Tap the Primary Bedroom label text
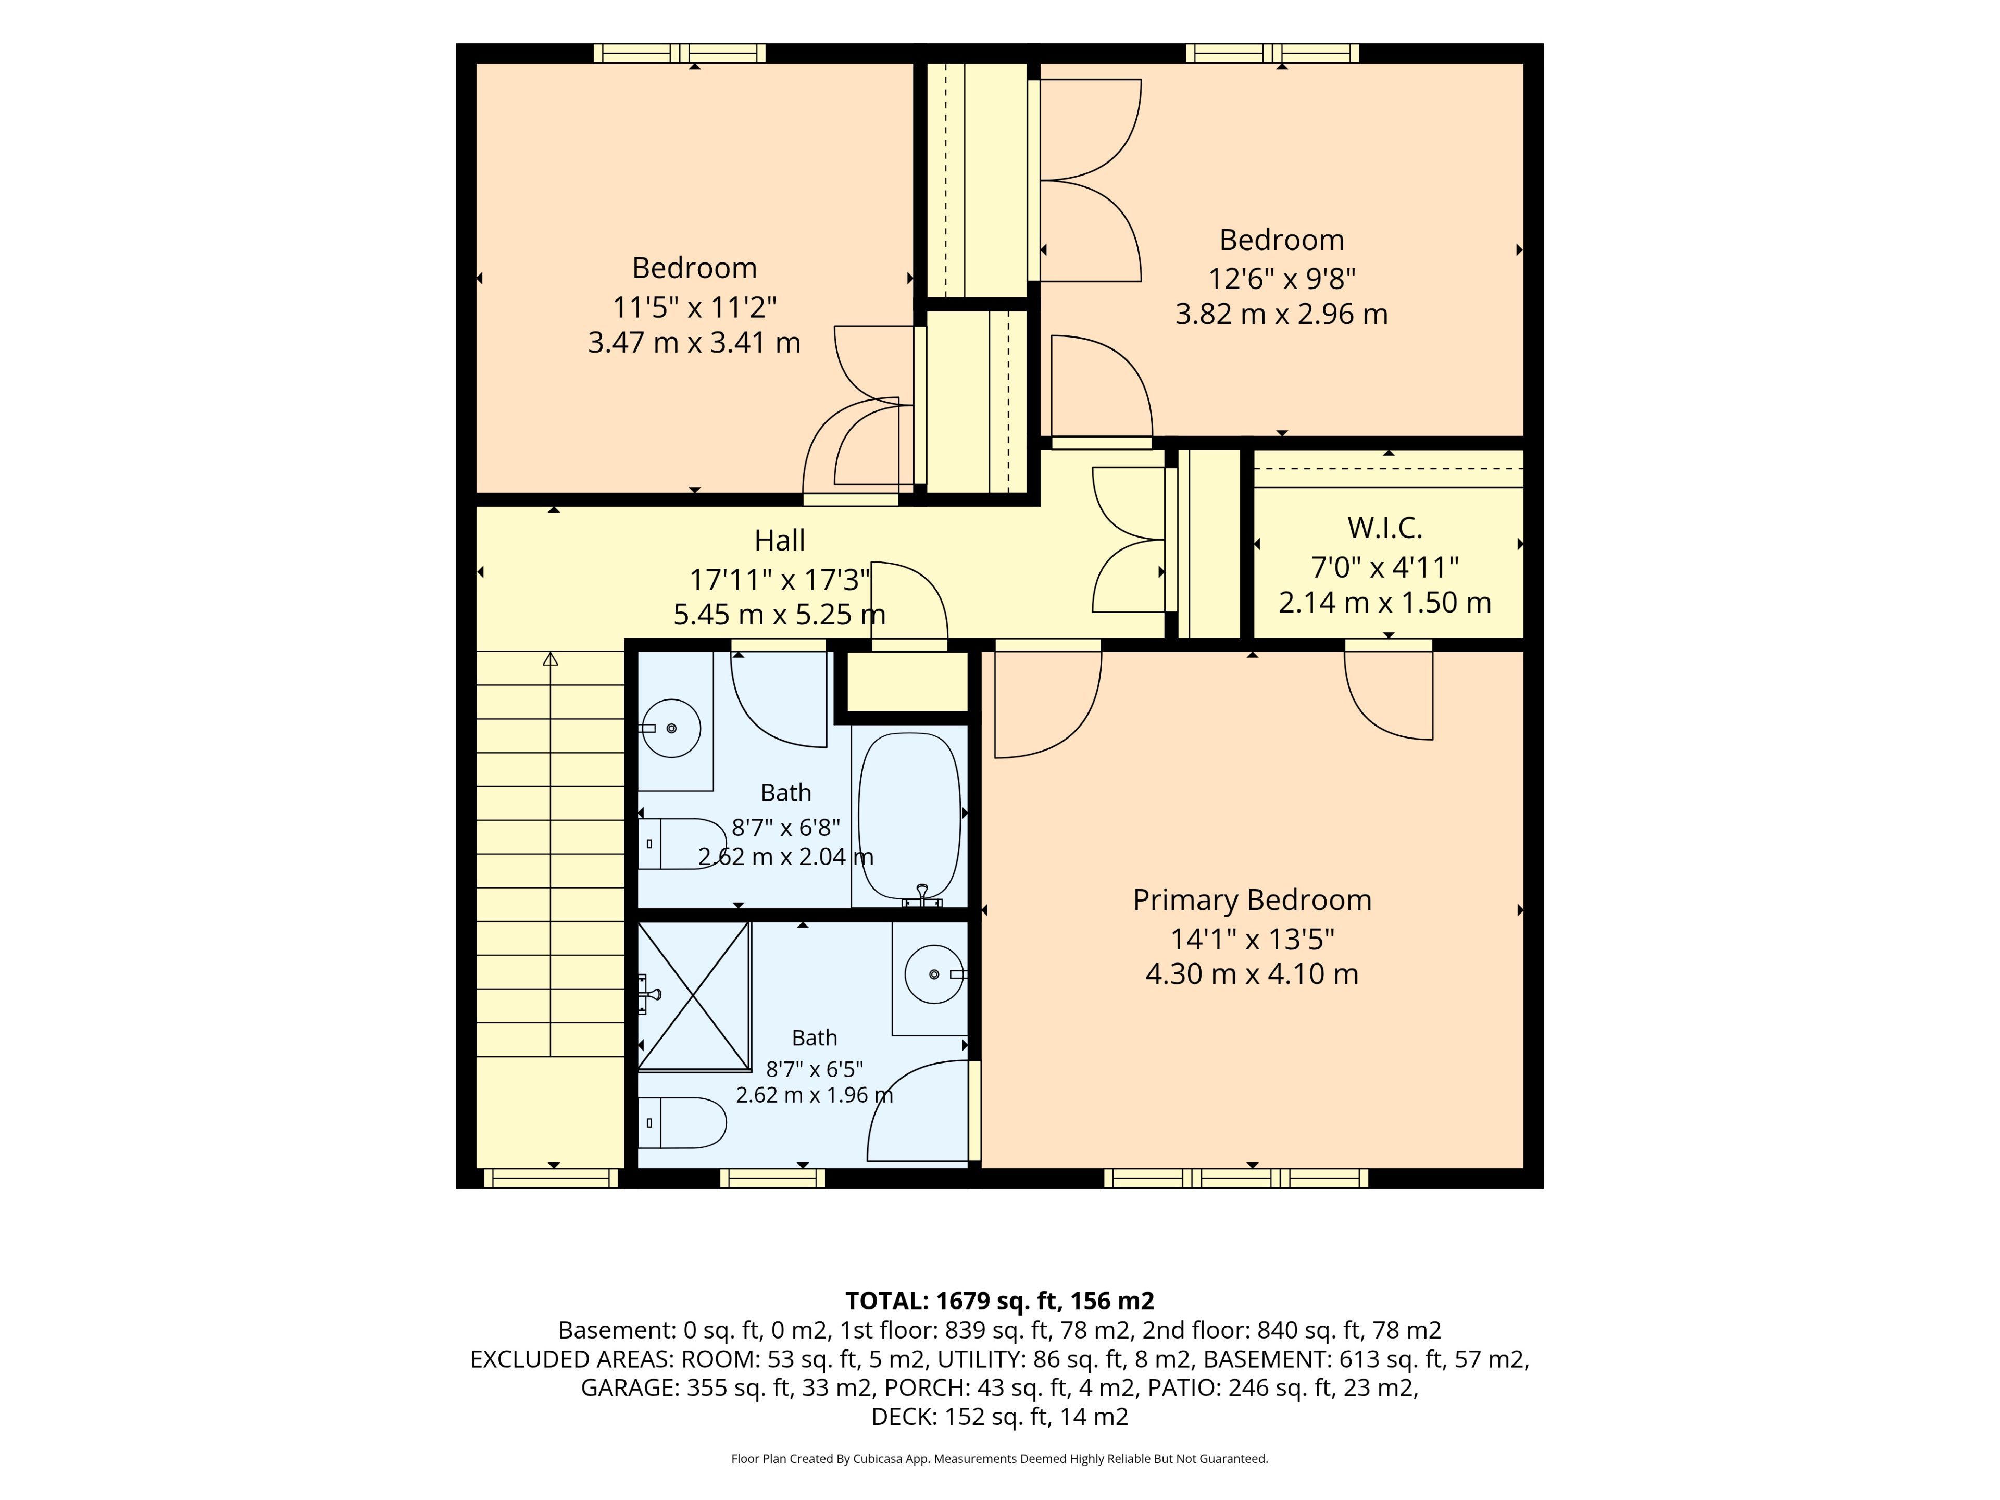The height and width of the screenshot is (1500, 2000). [1252, 901]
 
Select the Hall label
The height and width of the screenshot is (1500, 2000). [779, 541]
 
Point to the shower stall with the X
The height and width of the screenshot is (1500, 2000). [694, 995]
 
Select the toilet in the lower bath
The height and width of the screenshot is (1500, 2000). [683, 1123]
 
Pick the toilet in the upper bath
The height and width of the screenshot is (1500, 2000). [683, 844]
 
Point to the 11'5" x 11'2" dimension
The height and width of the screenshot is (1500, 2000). [694, 307]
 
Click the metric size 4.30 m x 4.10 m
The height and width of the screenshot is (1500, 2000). [1252, 974]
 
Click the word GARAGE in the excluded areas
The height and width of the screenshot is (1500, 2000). [629, 1388]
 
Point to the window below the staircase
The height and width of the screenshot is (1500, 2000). [551, 1178]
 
